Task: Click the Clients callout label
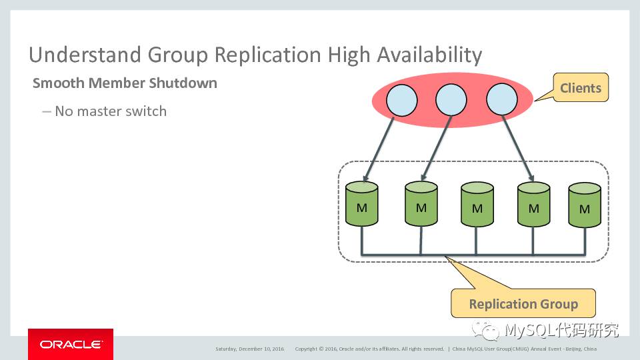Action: [580, 88]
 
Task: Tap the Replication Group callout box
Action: [523, 304]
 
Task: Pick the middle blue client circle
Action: [451, 101]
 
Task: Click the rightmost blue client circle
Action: [502, 101]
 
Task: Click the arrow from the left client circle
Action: [379, 149]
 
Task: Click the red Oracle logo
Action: [70, 344]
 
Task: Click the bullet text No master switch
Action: [110, 111]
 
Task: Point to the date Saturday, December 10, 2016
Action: [249, 349]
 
